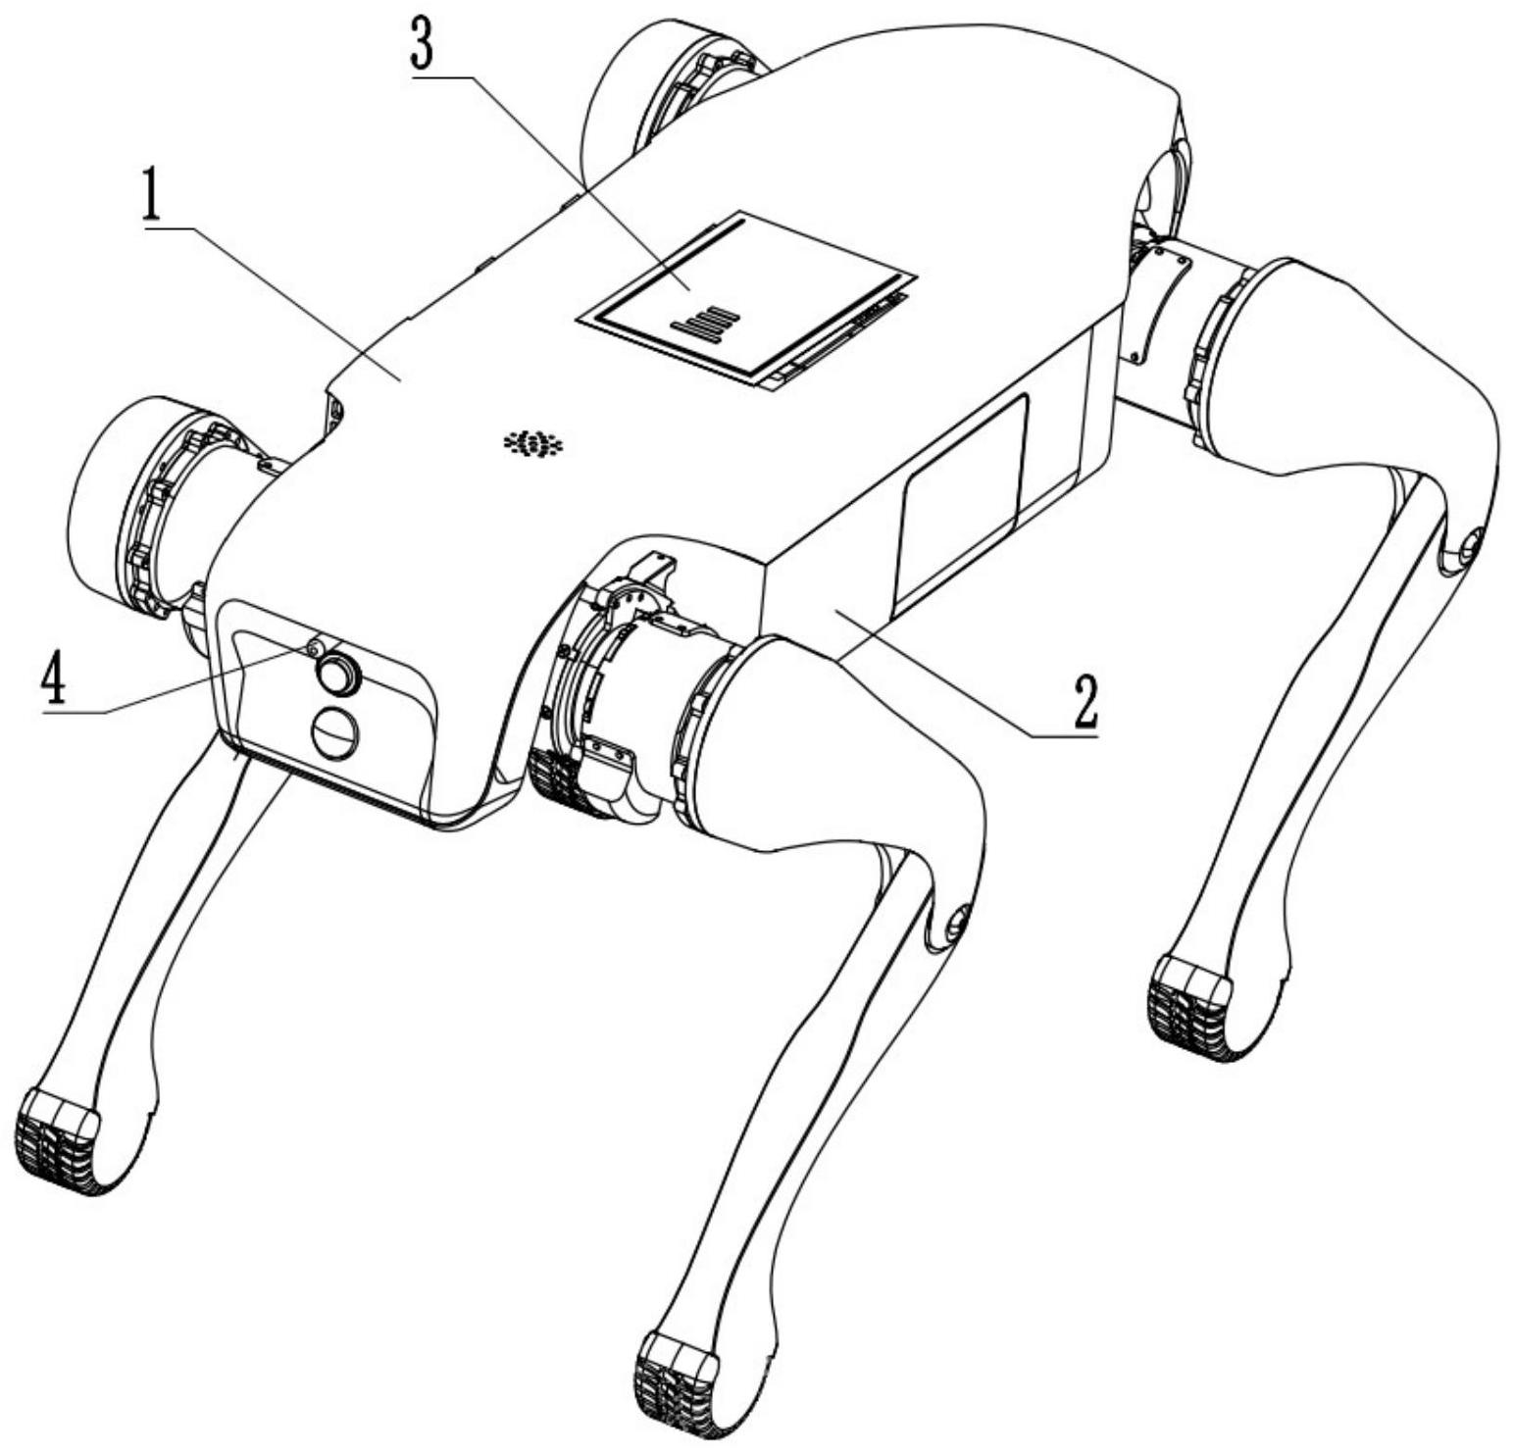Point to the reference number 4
click(53, 677)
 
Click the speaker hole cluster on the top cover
click(534, 444)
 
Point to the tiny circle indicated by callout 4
click(314, 648)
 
